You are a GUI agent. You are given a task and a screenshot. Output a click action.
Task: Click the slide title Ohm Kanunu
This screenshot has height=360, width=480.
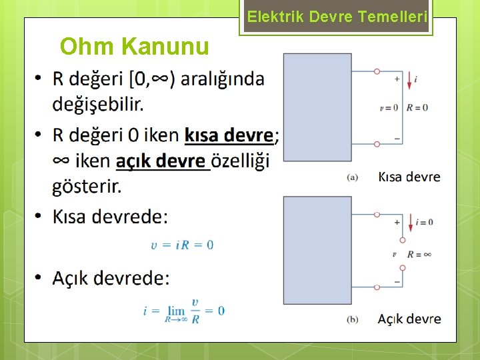(134, 46)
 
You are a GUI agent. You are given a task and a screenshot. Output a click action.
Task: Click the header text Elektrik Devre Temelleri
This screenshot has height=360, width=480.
(337, 18)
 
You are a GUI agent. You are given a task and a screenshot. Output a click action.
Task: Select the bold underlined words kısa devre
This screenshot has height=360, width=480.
(228, 135)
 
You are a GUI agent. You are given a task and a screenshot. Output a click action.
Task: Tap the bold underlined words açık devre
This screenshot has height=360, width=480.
(161, 161)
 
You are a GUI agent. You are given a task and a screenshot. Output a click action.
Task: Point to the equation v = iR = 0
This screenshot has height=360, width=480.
(182, 245)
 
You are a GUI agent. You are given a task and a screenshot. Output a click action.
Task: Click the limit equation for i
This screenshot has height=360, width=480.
(183, 310)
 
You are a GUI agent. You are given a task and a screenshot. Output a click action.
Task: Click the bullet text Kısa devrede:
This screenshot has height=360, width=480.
(111, 217)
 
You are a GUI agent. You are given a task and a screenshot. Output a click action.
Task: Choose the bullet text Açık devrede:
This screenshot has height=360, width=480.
(111, 277)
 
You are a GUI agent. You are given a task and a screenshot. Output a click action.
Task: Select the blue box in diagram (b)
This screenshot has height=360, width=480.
(317, 251)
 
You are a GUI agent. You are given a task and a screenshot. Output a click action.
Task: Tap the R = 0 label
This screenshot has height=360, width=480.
(417, 107)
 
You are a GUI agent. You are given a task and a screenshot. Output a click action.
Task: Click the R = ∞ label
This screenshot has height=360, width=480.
(419, 254)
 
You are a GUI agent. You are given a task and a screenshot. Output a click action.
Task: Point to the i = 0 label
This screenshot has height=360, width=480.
(424, 222)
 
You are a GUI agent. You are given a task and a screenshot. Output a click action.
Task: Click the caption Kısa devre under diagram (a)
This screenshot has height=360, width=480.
(409, 177)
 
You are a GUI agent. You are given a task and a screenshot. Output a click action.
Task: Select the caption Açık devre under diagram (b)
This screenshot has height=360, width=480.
(409, 319)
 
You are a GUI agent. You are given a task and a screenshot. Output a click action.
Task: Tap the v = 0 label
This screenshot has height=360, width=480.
(388, 107)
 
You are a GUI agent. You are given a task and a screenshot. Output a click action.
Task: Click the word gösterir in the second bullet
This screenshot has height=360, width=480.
(87, 187)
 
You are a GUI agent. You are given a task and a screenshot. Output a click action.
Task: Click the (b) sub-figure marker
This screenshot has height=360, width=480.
(353, 319)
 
